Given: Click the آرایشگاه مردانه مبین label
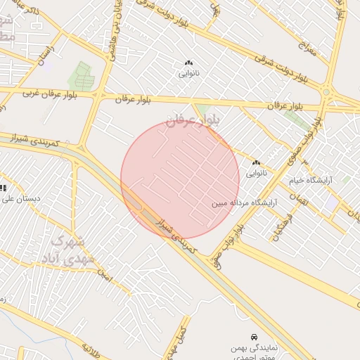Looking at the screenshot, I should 240,204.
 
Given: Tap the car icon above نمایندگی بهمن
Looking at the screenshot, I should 253,337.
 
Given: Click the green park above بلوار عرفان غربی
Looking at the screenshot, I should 83,76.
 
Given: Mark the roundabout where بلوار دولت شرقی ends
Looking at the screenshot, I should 326,91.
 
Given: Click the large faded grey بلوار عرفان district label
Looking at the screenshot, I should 193,121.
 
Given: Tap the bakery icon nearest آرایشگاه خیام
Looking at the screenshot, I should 256,163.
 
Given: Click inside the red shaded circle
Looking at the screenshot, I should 180,179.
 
